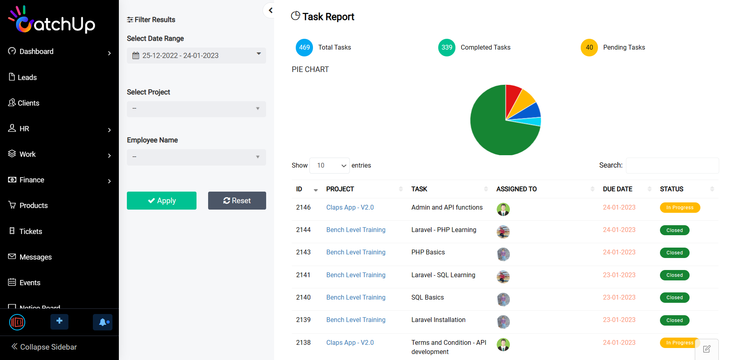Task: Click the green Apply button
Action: [x=161, y=200]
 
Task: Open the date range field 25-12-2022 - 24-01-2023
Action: [x=196, y=56]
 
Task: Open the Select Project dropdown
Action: [x=196, y=109]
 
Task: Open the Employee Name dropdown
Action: [x=196, y=157]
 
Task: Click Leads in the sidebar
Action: [x=27, y=77]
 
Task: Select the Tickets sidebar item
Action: [x=30, y=231]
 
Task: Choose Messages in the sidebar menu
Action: [x=35, y=257]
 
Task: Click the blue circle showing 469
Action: [x=304, y=48]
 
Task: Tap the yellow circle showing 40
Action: [x=589, y=48]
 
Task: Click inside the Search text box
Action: [x=672, y=165]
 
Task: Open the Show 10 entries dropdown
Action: [x=329, y=165]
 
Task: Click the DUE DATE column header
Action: [x=618, y=189]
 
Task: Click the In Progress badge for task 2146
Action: [x=680, y=208]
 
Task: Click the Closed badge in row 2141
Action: [x=674, y=275]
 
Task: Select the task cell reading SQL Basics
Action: [x=427, y=297]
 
